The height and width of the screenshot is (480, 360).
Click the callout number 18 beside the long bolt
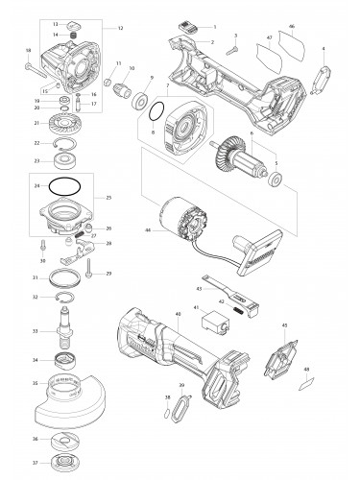(28, 50)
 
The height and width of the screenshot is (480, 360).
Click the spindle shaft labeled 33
(69, 333)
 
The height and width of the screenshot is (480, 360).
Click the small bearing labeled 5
(276, 180)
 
